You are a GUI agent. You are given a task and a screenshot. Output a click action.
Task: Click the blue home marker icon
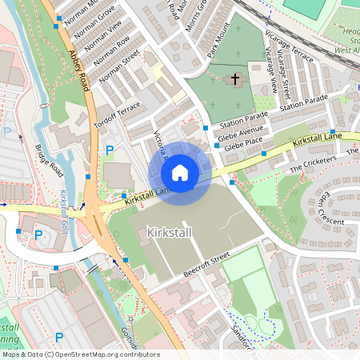(x=180, y=173)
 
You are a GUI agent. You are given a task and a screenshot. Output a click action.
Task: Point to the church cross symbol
(x=235, y=79)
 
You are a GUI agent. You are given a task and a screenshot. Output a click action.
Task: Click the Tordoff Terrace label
(x=117, y=115)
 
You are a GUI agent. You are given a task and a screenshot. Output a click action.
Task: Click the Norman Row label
(x=111, y=52)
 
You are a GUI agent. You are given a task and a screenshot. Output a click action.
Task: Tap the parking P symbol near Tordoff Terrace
(x=110, y=150)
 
